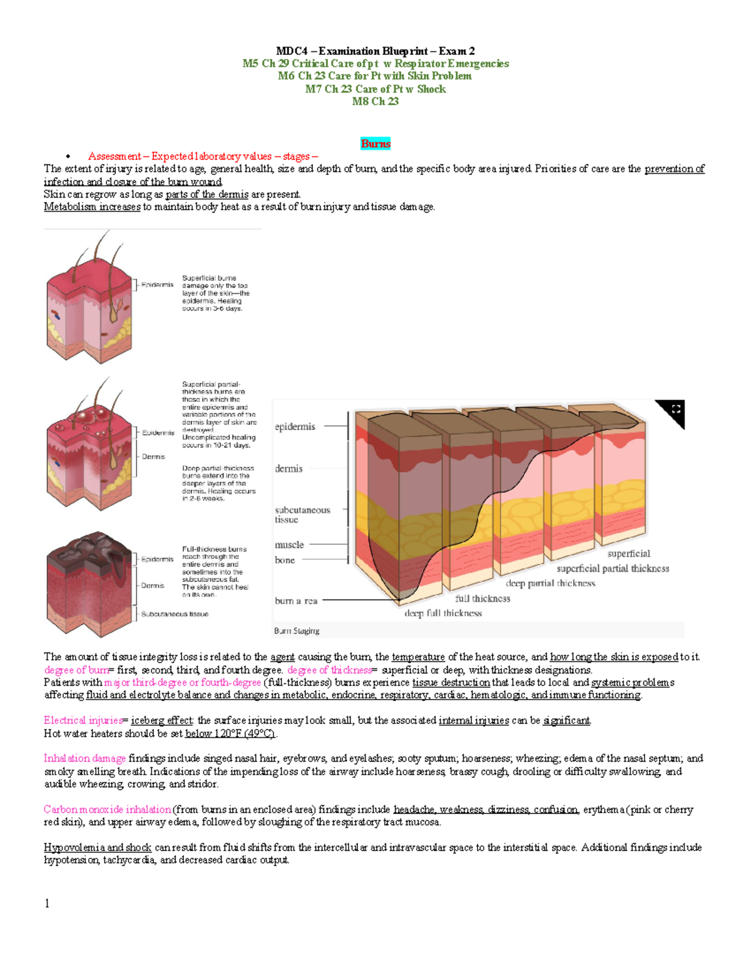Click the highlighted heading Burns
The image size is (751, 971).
(375, 144)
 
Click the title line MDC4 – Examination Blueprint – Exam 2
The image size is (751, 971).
(375, 51)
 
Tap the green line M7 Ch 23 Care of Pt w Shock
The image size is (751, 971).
(375, 89)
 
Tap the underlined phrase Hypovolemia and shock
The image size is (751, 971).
(98, 848)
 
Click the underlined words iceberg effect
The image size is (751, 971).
(162, 720)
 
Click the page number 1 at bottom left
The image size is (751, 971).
(47, 903)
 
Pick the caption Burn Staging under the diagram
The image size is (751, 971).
(297, 631)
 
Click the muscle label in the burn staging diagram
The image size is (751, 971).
(289, 545)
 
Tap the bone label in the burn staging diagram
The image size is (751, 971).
(285, 560)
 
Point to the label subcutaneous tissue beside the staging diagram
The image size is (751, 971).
(302, 515)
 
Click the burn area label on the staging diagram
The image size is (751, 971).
(296, 601)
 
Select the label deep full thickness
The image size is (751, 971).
(443, 613)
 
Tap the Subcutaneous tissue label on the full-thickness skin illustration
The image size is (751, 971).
(175, 614)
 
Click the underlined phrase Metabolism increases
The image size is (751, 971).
(92, 207)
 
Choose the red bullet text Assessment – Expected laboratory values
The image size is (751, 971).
(180, 156)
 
